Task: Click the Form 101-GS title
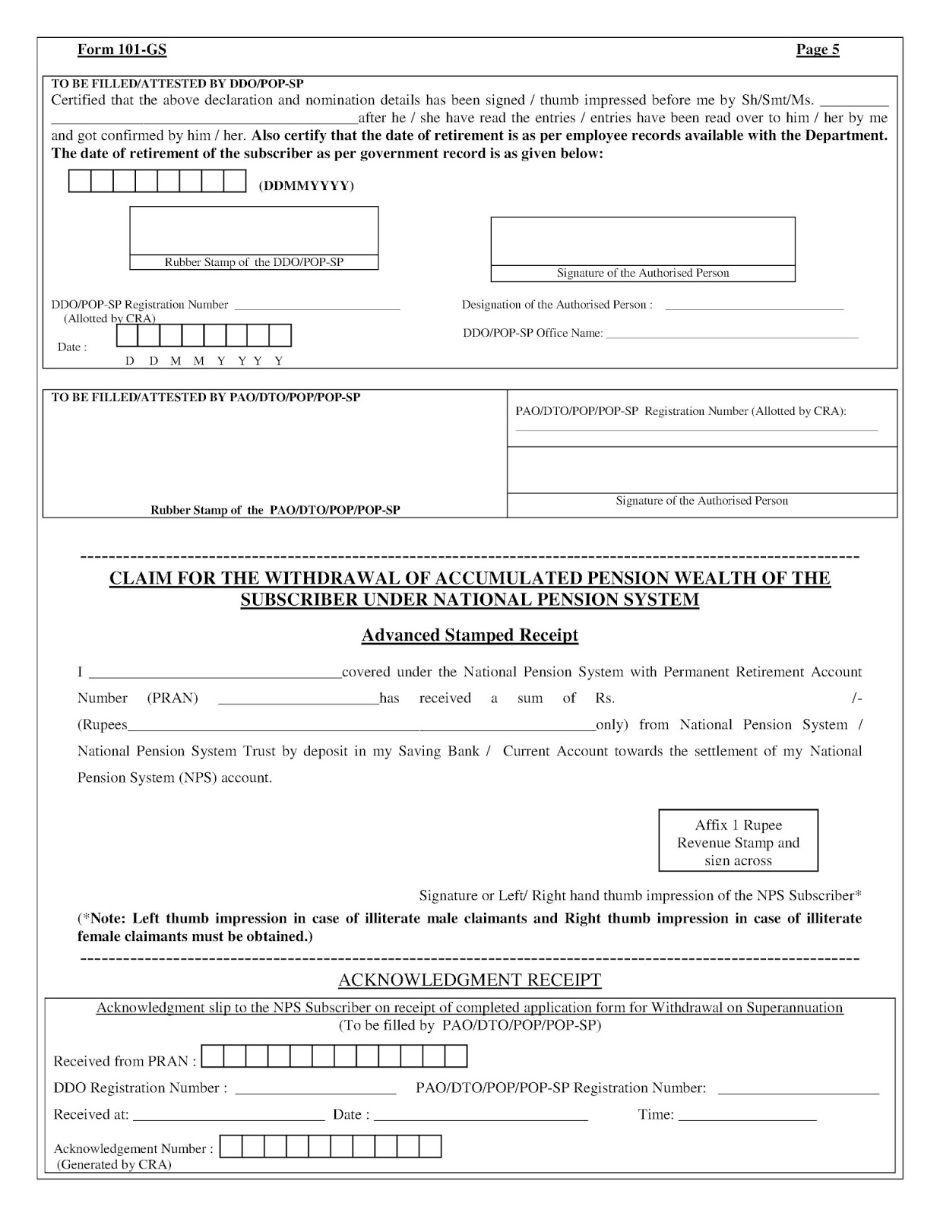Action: click(122, 50)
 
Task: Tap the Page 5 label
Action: click(818, 50)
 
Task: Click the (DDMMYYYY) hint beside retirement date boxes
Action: click(306, 186)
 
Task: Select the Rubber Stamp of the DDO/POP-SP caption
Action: click(254, 262)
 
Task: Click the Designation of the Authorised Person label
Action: click(557, 305)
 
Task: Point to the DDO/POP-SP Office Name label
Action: click(533, 333)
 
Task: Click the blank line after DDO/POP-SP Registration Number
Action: click(317, 307)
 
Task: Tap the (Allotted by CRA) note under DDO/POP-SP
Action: click(109, 318)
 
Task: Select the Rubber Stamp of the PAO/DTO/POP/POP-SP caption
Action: click(275, 510)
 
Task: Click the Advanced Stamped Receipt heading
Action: click(470, 635)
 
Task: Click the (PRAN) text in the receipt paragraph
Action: click(172, 698)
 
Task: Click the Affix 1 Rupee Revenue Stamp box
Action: click(738, 841)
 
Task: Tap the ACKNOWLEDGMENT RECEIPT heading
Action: click(470, 980)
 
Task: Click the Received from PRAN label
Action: click(125, 1061)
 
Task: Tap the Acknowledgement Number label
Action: click(133, 1148)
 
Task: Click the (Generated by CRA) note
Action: click(114, 1164)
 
